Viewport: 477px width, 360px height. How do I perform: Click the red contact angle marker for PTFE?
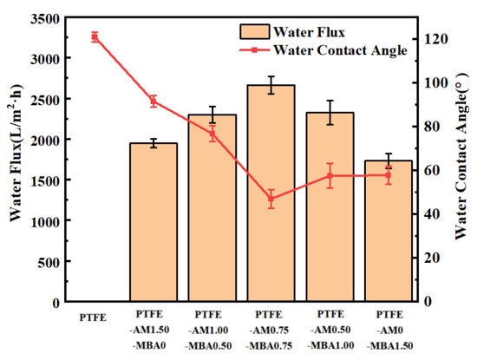(95, 36)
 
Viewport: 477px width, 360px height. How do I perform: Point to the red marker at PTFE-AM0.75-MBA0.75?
(271, 199)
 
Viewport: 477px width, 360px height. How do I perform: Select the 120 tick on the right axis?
(434, 39)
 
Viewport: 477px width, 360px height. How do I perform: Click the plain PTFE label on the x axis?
(94, 317)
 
